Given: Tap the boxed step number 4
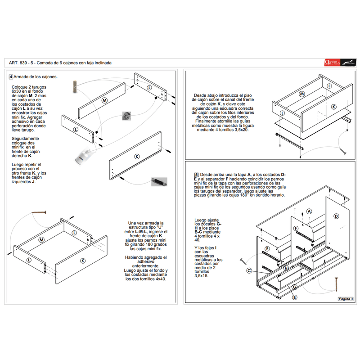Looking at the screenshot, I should coord(11,76).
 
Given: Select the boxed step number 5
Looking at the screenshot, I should coord(196,175).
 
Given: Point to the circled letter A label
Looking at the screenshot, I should coord(309,211).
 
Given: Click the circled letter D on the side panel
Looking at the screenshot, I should coord(336,216).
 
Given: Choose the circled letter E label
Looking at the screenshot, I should coord(267,248).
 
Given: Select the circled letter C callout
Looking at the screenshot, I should coord(249,271).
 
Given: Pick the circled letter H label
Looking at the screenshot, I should coord(286,268).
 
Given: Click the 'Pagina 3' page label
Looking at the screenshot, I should coord(345,299).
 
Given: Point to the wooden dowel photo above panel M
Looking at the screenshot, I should coord(75,86).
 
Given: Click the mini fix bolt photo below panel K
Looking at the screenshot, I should coord(159,182).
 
